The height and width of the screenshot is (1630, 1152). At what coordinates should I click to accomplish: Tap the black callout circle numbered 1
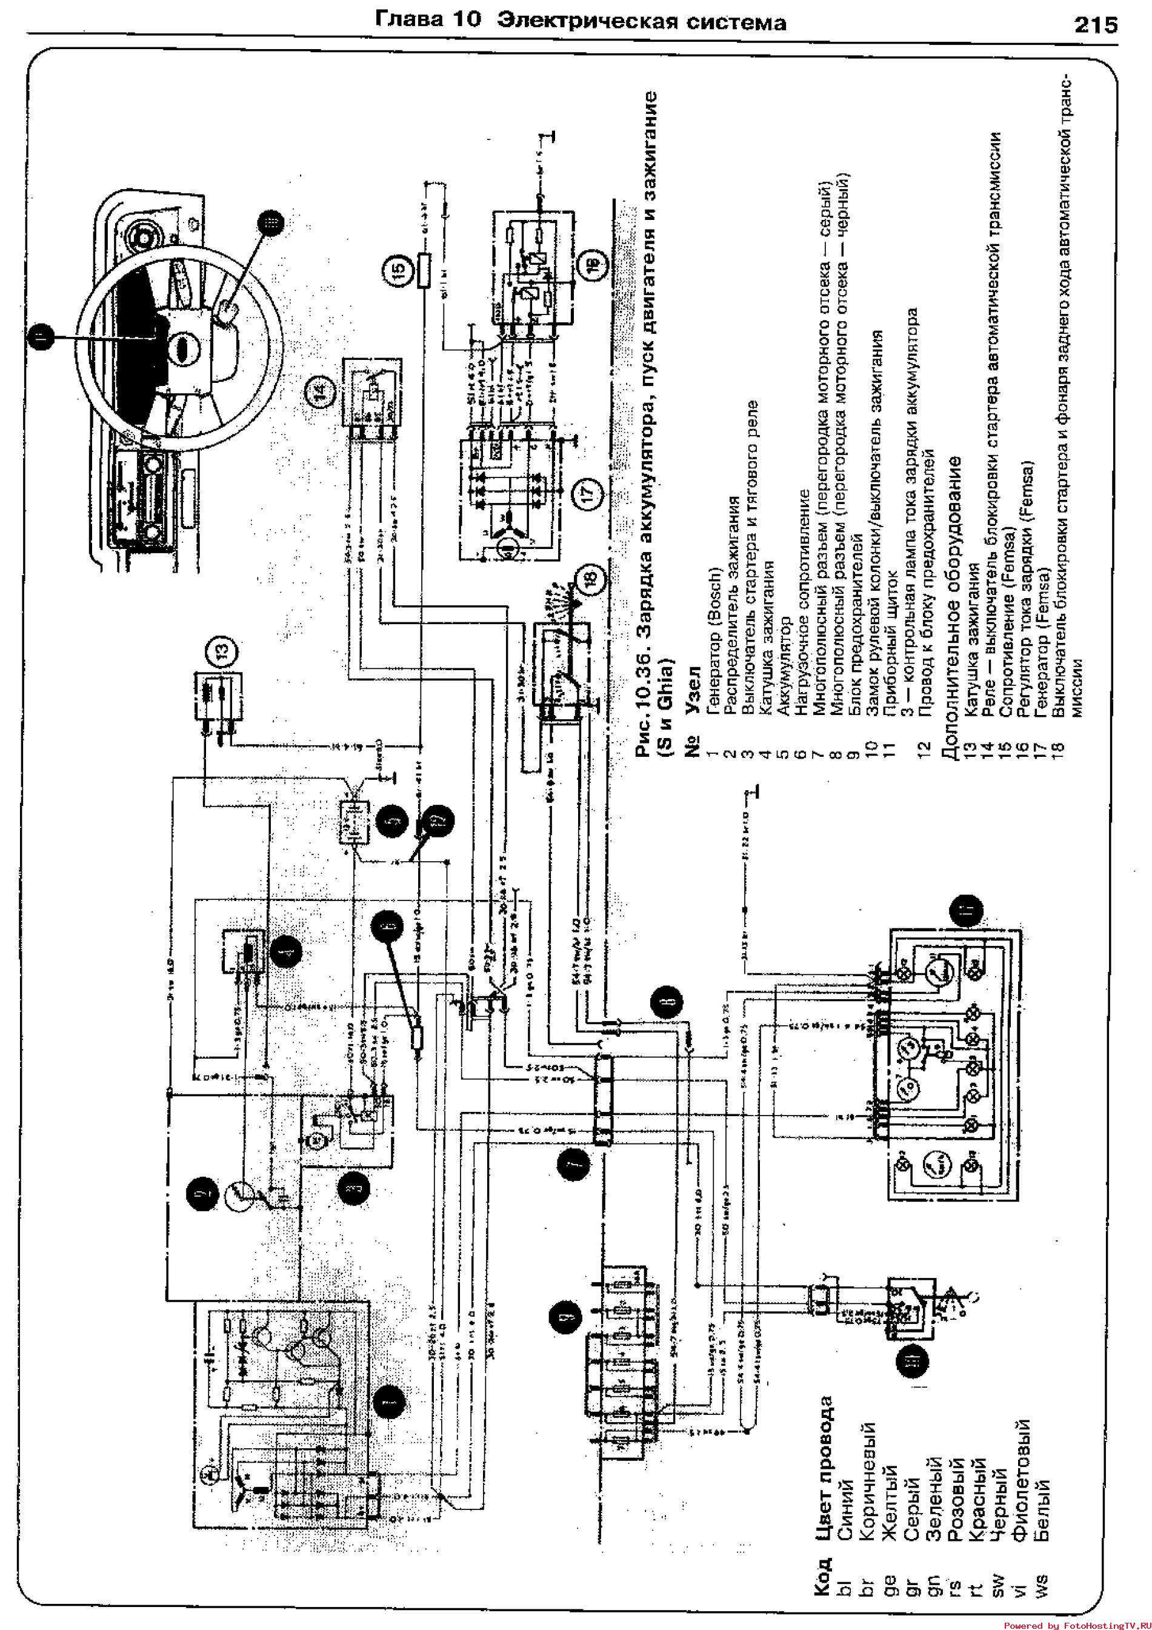coord(388,1402)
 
